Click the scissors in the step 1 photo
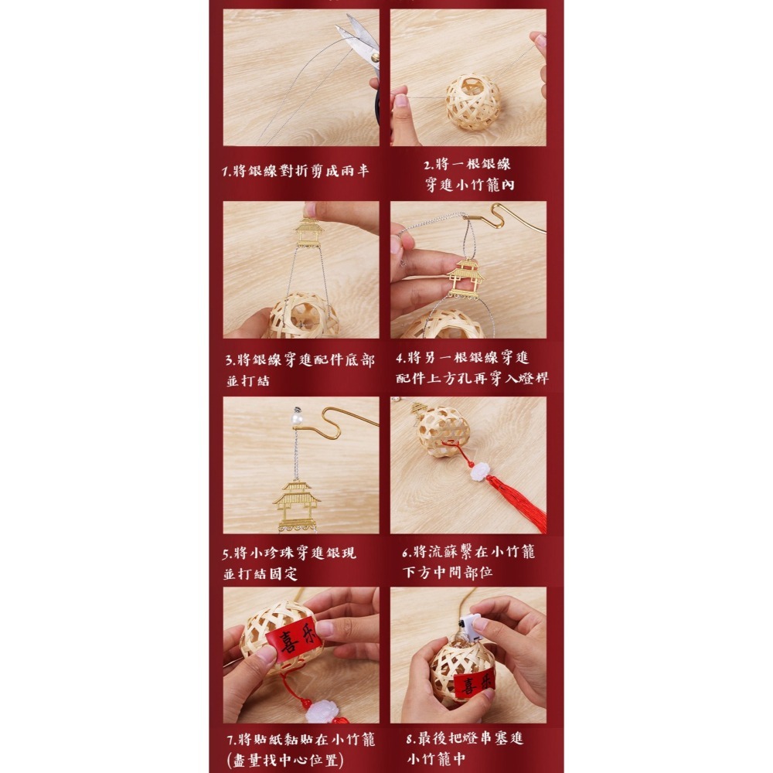pyautogui.click(x=363, y=47)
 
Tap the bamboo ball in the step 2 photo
pyautogui.click(x=473, y=102)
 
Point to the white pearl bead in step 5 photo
pyautogui.click(x=297, y=420)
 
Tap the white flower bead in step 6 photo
pyautogui.click(x=478, y=472)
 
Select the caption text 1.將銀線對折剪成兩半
pyautogui.click(x=295, y=171)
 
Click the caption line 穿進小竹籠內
pyautogui.click(x=469, y=185)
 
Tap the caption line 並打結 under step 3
pyautogui.click(x=248, y=380)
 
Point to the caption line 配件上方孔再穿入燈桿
pyautogui.click(x=472, y=378)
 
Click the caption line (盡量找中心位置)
pyautogui.click(x=285, y=760)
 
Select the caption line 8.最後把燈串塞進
pyautogui.click(x=465, y=738)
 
